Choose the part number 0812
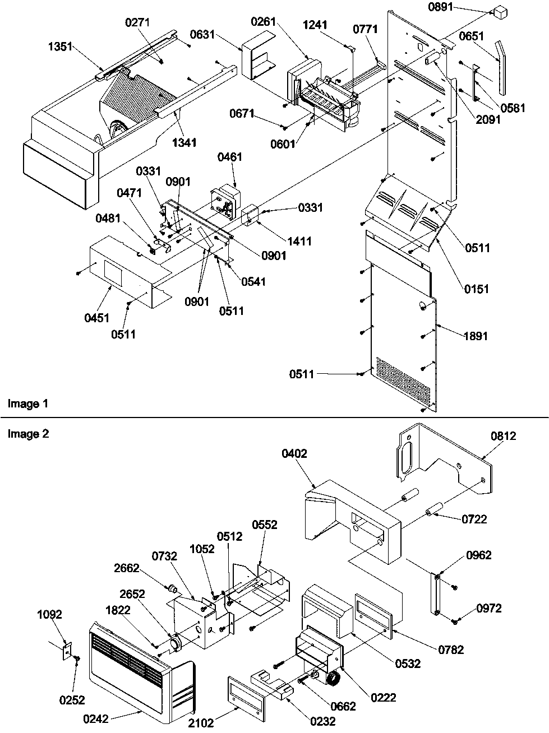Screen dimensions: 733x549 click(502, 435)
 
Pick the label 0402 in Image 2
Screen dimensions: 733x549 click(294, 453)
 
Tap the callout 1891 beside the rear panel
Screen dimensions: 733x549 click(475, 336)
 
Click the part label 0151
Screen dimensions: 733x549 click(476, 289)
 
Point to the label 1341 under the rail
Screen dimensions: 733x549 click(184, 142)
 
